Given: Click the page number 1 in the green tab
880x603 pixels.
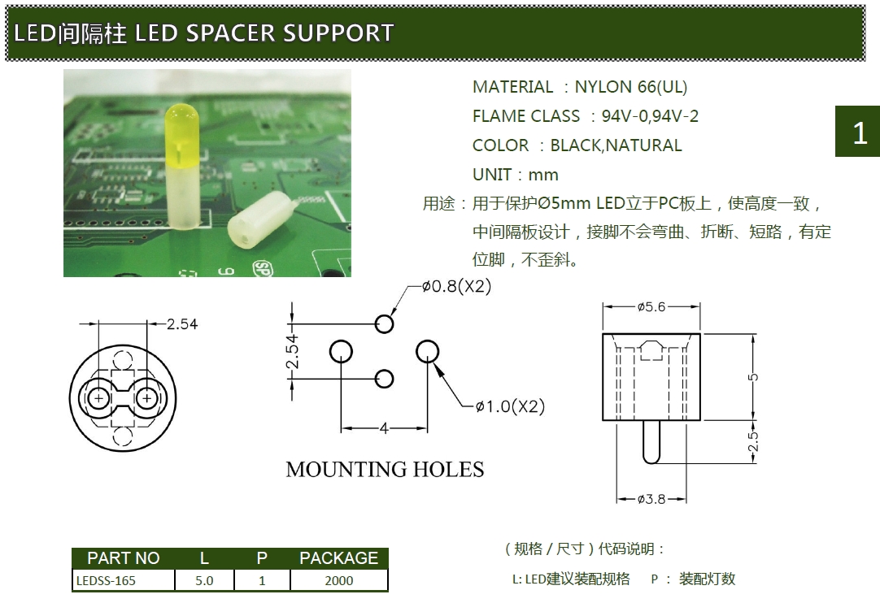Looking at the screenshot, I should pos(859,132).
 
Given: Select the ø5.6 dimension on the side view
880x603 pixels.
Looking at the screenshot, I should pos(651,306).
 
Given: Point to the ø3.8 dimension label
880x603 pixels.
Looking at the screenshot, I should pos(651,499).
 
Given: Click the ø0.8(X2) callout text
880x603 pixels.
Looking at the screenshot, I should pos(456,287).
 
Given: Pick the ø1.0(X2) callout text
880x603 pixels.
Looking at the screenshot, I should pos(510,406).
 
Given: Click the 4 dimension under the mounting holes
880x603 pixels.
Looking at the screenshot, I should pos(384,428).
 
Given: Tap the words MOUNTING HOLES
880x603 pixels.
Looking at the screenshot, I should pos(385,470).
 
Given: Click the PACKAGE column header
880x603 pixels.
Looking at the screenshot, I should pos(338,558).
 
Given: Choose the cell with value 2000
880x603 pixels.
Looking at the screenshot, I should pos(338,580).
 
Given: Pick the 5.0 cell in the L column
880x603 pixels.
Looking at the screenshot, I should pos(204,580).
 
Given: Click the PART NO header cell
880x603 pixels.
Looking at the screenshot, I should pos(123,558).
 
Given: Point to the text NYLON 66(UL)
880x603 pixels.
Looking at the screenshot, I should pos(630,87).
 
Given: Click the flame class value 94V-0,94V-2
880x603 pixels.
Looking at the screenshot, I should pos(650,116).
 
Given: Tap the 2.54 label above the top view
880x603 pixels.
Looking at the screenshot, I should pos(181,324).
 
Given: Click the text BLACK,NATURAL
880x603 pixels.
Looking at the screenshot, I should pos(616,145).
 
